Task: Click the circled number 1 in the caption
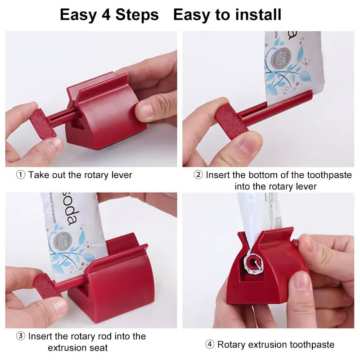click(x=21, y=175)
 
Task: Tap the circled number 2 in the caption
click(x=198, y=175)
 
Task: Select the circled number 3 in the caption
click(x=21, y=336)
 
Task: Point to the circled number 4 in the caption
click(x=210, y=345)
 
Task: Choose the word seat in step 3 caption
click(x=98, y=347)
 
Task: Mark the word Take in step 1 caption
click(x=39, y=175)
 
